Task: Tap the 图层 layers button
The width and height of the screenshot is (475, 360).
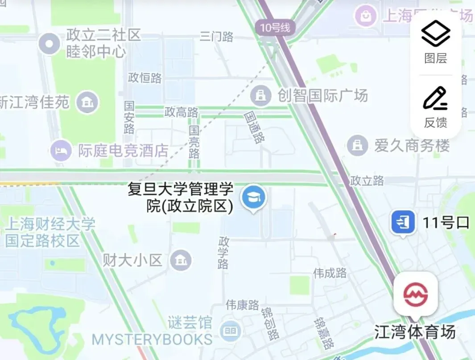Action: click(435, 42)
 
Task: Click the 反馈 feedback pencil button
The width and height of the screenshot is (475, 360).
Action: click(435, 107)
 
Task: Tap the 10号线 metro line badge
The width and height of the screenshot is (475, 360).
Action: click(275, 28)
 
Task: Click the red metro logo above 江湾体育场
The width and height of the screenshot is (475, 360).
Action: click(416, 294)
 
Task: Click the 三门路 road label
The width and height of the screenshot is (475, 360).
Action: click(217, 37)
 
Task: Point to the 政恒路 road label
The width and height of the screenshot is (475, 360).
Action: click(145, 78)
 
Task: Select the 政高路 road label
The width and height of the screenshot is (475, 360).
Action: click(181, 112)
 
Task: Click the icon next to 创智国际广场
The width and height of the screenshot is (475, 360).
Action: click(260, 95)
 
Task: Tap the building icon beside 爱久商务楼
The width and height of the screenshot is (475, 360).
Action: click(357, 145)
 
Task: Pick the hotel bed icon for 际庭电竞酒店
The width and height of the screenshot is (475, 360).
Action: click(61, 150)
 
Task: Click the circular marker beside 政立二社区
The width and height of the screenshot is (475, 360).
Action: click(49, 44)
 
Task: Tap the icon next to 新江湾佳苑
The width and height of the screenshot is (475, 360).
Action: click(87, 103)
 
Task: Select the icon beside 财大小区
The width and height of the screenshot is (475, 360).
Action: click(181, 260)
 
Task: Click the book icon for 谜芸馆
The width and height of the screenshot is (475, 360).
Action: click(230, 330)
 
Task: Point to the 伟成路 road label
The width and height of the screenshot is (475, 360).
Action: click(330, 273)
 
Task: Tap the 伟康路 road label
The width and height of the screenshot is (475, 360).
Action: click(242, 305)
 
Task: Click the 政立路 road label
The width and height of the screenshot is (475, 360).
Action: click(367, 180)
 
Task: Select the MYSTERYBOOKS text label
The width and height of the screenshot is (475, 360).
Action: click(152, 340)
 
